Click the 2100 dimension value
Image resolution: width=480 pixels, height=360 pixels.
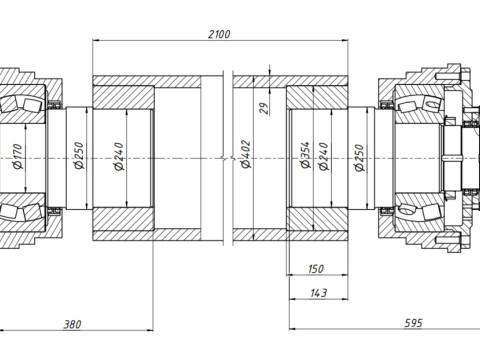click(x=219, y=34)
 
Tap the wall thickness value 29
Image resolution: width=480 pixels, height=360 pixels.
click(x=264, y=108)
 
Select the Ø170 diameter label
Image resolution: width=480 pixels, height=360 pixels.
click(x=18, y=156)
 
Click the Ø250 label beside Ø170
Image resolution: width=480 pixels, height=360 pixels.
click(x=79, y=156)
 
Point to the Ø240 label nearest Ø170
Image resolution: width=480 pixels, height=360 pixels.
click(x=119, y=156)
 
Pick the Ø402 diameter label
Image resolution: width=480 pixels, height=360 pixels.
click(x=246, y=154)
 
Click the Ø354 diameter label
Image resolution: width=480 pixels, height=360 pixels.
click(x=305, y=155)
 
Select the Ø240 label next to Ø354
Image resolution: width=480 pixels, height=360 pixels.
click(x=323, y=156)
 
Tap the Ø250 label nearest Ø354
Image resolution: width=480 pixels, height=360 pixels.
click(x=359, y=158)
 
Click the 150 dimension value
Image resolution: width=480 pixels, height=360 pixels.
click(x=316, y=269)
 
